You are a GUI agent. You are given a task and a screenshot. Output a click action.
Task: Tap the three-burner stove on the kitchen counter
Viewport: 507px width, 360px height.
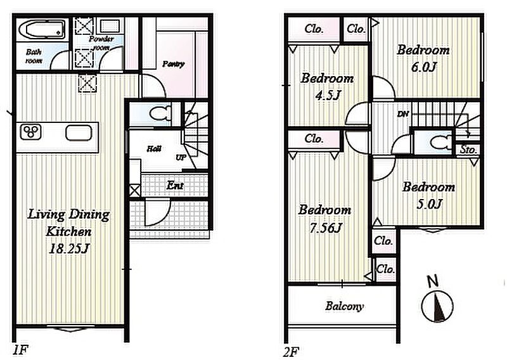click(x=30, y=132)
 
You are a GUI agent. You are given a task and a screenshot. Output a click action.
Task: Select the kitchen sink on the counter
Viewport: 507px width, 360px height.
click(x=79, y=132)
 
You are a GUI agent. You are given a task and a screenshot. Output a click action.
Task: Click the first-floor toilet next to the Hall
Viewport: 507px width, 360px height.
click(x=160, y=113)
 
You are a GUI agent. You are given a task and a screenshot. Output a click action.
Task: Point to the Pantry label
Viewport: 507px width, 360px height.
click(x=173, y=64)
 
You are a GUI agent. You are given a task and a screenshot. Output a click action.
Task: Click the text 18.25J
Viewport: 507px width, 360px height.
click(x=68, y=248)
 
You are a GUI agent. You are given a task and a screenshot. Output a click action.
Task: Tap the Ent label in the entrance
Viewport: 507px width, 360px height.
click(x=175, y=185)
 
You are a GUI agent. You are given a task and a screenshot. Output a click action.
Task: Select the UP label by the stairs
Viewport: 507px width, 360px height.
click(x=181, y=158)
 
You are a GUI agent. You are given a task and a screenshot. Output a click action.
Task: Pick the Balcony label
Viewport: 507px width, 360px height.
click(x=344, y=306)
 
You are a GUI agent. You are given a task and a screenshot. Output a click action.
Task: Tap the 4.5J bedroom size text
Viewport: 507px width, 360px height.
click(x=327, y=96)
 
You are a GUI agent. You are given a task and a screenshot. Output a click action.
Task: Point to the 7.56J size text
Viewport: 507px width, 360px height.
click(x=325, y=228)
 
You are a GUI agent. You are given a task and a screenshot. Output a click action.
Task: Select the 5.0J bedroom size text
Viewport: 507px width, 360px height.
click(x=429, y=204)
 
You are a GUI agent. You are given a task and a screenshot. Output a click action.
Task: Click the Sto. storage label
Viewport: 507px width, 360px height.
click(x=468, y=150)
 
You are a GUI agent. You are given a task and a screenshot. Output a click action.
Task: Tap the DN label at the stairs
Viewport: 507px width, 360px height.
click(x=403, y=114)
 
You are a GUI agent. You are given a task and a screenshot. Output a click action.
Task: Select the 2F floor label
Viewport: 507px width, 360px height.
click(x=291, y=352)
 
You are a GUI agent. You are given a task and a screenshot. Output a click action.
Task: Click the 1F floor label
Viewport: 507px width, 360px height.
click(x=20, y=350)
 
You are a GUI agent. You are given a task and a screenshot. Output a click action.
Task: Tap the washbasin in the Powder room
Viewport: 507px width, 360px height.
click(x=110, y=26)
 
